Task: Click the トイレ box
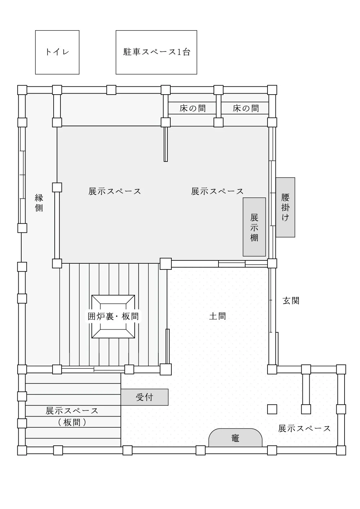[x=57, y=52]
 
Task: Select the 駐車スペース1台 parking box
[x=156, y=52]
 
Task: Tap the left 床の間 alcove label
[x=193, y=108]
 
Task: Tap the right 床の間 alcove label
[x=246, y=108]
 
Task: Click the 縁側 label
[x=39, y=203]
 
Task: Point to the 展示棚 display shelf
[x=254, y=227]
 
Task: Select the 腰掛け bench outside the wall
[x=285, y=207]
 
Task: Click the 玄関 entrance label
[x=291, y=301]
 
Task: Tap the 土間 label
[x=217, y=316]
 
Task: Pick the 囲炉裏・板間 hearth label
[x=113, y=316]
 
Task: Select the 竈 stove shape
[x=235, y=438]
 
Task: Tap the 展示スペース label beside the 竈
[x=304, y=428]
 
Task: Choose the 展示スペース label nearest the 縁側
[x=114, y=191]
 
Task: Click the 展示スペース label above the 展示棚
[x=217, y=191]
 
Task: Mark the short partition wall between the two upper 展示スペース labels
[x=166, y=144]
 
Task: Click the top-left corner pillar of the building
[x=22, y=90]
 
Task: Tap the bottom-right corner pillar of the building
[x=341, y=450]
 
